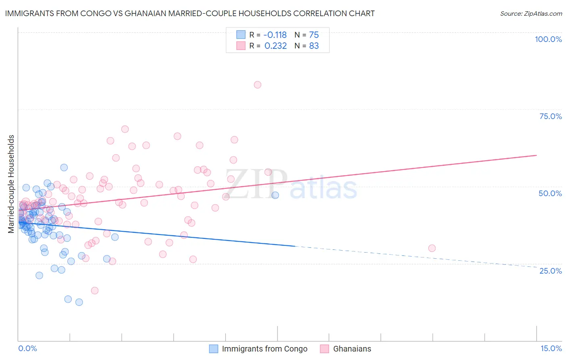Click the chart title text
pos(190,13)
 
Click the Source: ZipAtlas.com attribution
pos(531,13)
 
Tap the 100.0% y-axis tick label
pos(548,39)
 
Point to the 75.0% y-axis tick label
pos(550,116)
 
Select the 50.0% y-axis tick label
pos(550,193)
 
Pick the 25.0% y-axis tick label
pos(550,271)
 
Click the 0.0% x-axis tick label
pos(27,348)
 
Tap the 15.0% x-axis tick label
pos(551,348)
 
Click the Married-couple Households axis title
pos(11,184)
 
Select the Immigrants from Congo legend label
pos(265,349)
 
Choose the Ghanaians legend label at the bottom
pos(352,349)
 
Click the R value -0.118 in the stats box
pos(275,35)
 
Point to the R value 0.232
pos(275,46)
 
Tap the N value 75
pos(314,35)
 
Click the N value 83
pos(314,46)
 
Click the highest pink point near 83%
pos(257,85)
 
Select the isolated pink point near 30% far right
pos(432,248)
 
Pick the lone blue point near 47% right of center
pos(275,195)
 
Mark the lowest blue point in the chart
pos(79,302)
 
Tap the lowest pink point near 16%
pos(95,291)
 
